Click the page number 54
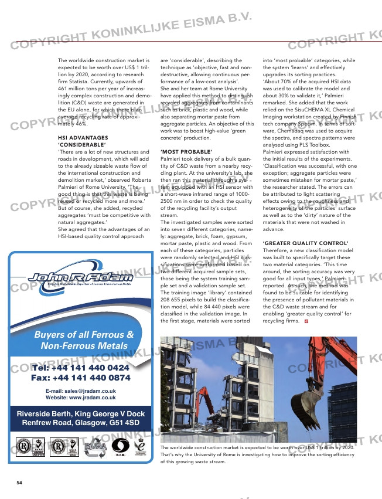pos(19,483)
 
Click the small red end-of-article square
pos(306,321)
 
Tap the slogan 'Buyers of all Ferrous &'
pos(84,335)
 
